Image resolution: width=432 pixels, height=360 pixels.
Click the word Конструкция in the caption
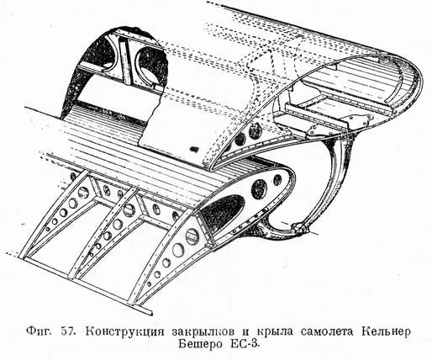click(x=124, y=332)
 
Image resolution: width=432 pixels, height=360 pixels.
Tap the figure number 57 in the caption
click(x=68, y=331)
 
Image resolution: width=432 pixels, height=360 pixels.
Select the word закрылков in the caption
click(x=203, y=332)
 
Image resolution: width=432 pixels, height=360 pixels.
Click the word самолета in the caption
click(x=326, y=331)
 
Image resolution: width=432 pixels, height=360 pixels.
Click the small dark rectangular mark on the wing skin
click(x=193, y=149)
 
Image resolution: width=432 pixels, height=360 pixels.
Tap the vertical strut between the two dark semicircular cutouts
click(x=125, y=60)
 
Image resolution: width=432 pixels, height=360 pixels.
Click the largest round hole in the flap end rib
click(x=259, y=189)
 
